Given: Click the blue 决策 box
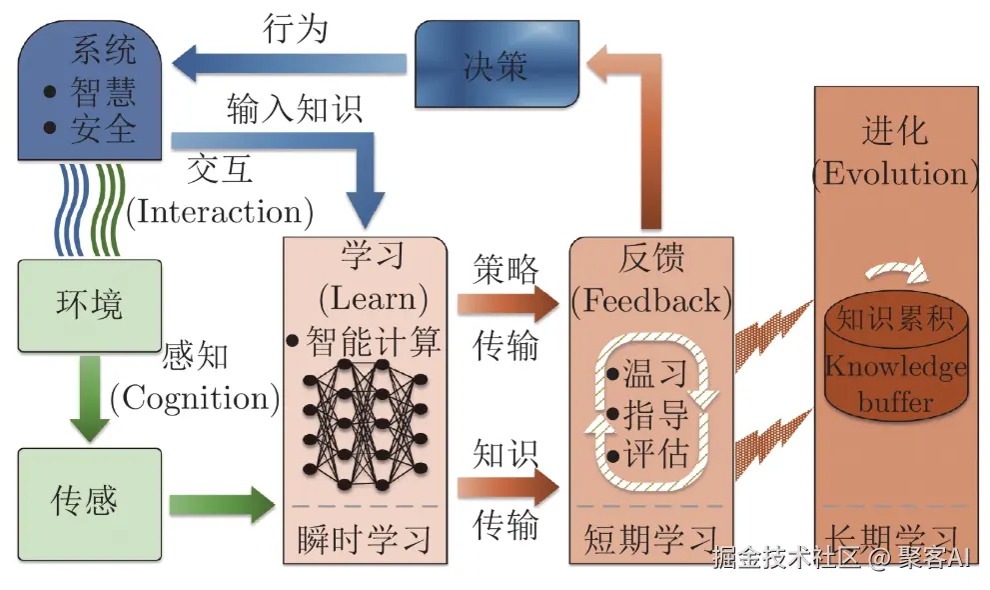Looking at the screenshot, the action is pos(496,64).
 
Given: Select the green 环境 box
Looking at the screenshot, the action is pos(90,306).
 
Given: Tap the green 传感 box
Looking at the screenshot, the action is pos(90,504).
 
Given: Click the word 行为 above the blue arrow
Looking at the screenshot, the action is pos(296,29).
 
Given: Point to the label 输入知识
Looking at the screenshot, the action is pos(295,109).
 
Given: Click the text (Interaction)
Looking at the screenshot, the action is pos(220,212).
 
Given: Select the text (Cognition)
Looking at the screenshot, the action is pos(195,399).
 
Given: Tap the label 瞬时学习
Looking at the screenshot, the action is pos(365,540).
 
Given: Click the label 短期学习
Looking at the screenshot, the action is pos(650,540).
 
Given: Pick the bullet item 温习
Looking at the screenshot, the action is pos(647,373).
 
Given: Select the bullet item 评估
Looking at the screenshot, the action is pos(647,454).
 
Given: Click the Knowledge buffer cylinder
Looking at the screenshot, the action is pos(896,356).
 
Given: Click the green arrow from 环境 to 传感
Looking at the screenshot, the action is pos(90,399).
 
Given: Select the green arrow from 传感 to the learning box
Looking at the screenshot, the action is pos(222,504).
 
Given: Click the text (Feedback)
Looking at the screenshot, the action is pos(651,301).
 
